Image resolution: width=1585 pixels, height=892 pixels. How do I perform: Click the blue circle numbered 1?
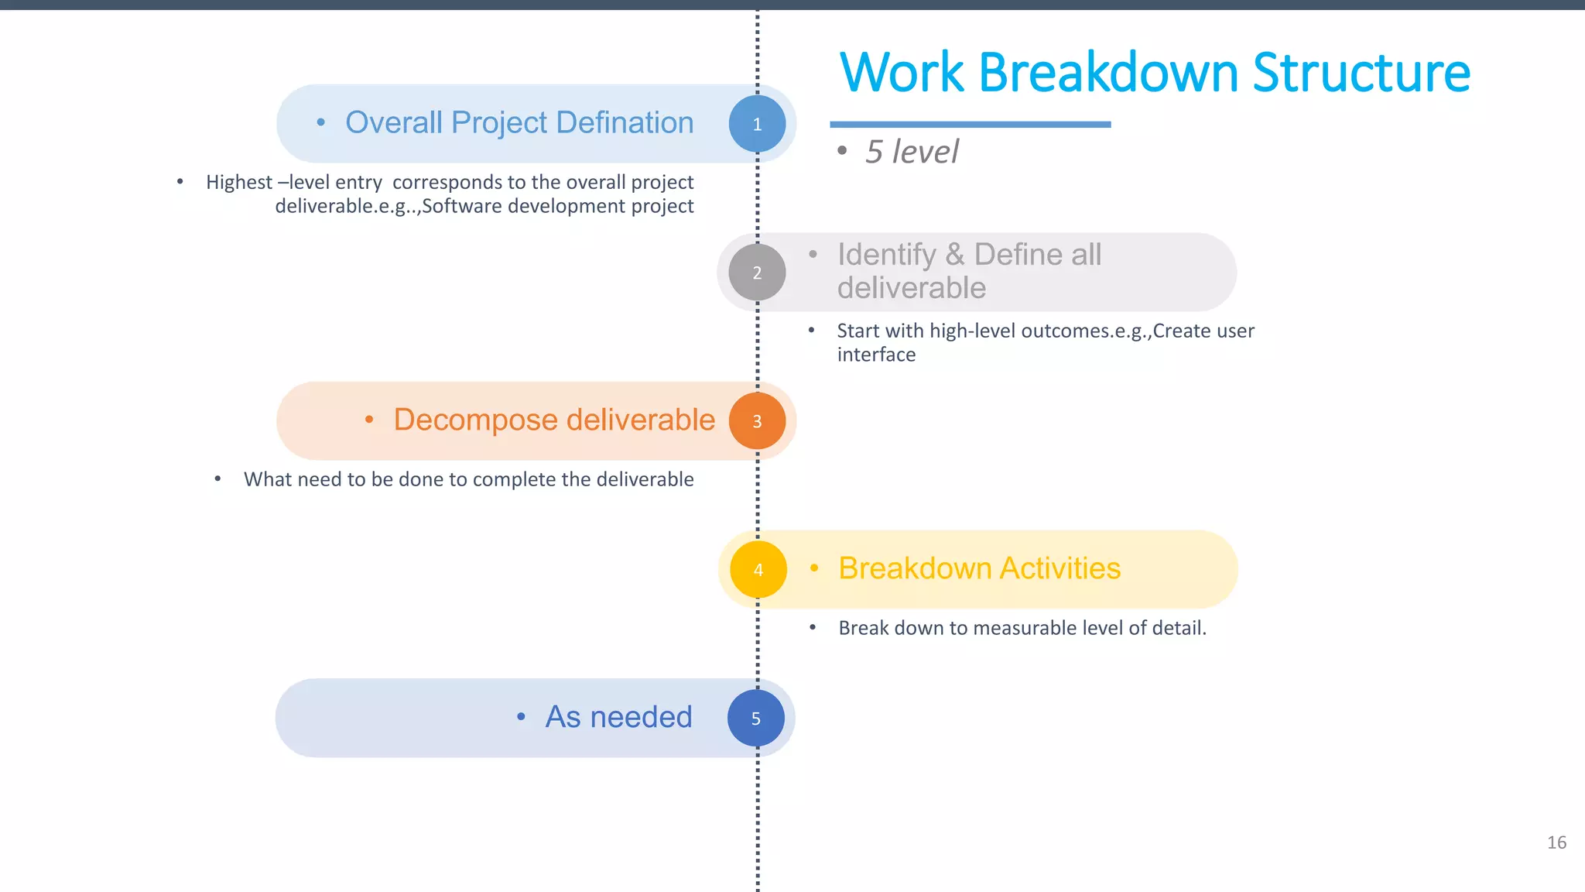pyautogui.click(x=757, y=124)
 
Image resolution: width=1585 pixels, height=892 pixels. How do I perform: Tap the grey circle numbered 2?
pyautogui.click(x=757, y=273)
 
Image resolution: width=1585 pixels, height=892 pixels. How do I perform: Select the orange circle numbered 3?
pyautogui.click(x=757, y=421)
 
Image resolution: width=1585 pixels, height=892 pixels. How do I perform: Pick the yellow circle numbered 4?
pyautogui.click(x=758, y=570)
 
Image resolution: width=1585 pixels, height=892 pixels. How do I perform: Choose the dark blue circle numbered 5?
pyautogui.click(x=756, y=719)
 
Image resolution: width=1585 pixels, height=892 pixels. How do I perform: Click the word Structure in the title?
pyautogui.click(x=1361, y=73)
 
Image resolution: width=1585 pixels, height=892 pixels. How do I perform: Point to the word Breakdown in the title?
pyautogui.click(x=1109, y=73)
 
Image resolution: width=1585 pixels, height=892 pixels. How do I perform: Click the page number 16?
pyautogui.click(x=1556, y=842)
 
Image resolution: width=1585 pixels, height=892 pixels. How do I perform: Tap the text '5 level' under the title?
pyautogui.click(x=912, y=152)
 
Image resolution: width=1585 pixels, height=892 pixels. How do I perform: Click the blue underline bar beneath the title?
pyautogui.click(x=970, y=124)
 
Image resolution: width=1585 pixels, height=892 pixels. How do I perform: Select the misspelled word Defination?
pyautogui.click(x=625, y=122)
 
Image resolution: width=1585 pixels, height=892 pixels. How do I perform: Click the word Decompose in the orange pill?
pyautogui.click(x=475, y=420)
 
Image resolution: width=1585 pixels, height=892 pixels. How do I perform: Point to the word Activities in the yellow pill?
pyautogui.click(x=1060, y=568)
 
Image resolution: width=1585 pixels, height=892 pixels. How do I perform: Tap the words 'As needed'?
pyautogui.click(x=618, y=717)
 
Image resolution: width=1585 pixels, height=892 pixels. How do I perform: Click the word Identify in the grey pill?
pyautogui.click(x=887, y=255)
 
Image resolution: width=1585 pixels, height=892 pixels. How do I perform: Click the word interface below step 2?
pyautogui.click(x=876, y=355)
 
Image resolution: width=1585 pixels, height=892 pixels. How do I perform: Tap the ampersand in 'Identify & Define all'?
pyautogui.click(x=955, y=255)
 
